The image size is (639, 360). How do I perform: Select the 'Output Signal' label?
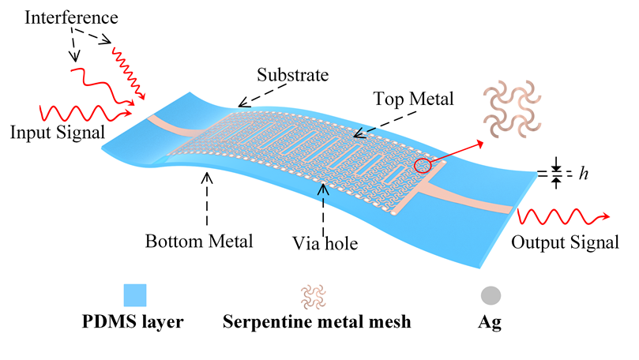pyautogui.click(x=565, y=242)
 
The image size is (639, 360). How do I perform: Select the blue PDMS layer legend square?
pyautogui.click(x=140, y=295)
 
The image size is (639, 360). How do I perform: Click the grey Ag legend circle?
pyautogui.click(x=491, y=295)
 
